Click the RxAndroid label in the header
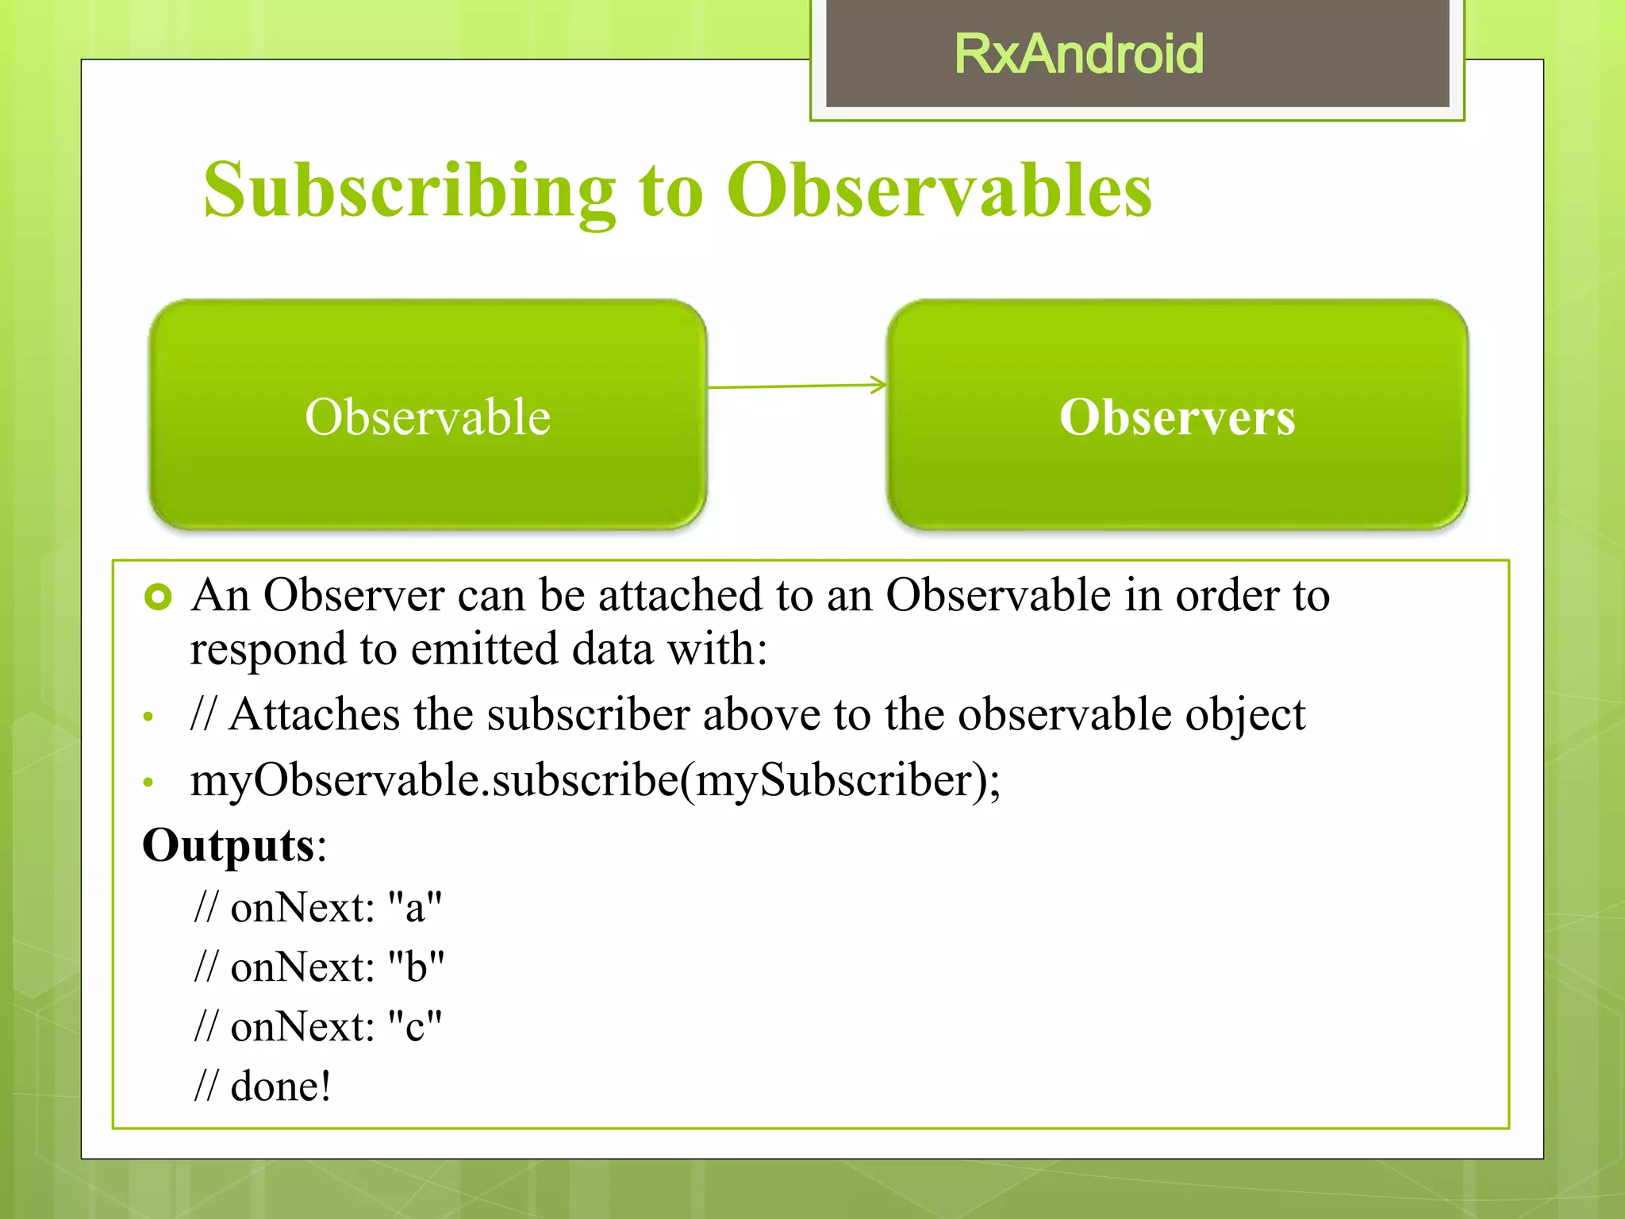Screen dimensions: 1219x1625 (1078, 54)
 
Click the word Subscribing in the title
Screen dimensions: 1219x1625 (409, 190)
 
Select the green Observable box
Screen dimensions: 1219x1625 (428, 415)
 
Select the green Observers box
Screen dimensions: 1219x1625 (1177, 415)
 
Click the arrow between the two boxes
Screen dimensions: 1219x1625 (797, 386)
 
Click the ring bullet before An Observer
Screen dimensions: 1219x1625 (159, 597)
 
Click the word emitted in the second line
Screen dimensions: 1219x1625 (484, 649)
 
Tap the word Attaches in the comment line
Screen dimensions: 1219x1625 (314, 714)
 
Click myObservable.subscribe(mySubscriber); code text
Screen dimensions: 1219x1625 (595, 780)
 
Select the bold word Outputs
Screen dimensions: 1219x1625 (229, 845)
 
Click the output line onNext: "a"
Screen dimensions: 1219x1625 (317, 907)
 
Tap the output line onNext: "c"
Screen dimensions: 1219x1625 (317, 1027)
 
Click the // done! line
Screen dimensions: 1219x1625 (262, 1086)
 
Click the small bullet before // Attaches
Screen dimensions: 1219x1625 (148, 717)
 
